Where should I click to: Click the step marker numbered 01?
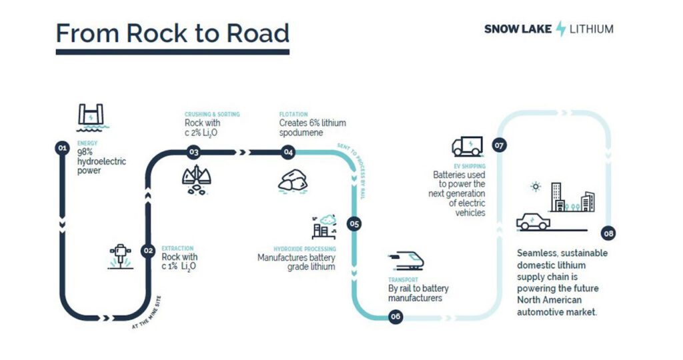[62, 149]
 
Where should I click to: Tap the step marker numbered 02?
[148, 251]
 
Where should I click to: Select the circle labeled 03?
[193, 152]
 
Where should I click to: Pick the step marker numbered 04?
[288, 153]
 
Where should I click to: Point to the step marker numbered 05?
[354, 224]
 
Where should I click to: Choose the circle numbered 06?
[395, 317]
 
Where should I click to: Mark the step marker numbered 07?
[498, 145]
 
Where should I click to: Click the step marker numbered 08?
[608, 233]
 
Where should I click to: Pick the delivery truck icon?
[466, 147]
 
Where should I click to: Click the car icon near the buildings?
[534, 221]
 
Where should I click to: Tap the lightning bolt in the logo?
[561, 29]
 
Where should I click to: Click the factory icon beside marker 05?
[323, 227]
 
